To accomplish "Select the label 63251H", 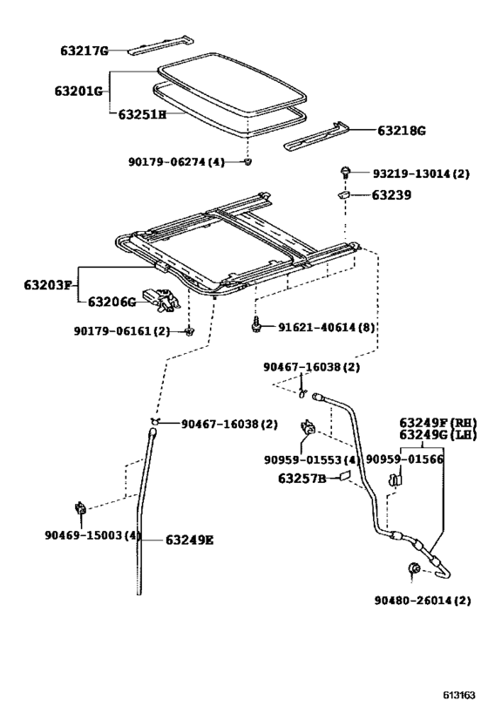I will [x=137, y=113].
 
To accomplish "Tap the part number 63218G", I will [x=402, y=131].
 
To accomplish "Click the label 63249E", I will [x=188, y=540].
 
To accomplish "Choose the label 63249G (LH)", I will [x=437, y=434].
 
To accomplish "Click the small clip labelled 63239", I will [x=344, y=196].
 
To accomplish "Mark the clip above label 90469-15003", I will [x=80, y=507].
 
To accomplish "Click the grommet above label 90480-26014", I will [x=413, y=570].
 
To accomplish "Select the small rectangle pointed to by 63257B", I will [x=344, y=477].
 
